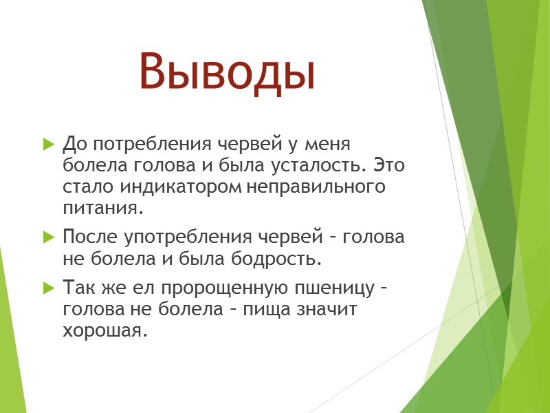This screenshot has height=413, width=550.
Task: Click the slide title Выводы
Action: coord(226,72)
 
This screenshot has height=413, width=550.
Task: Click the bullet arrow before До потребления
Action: coord(47,145)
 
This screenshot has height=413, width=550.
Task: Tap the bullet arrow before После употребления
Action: coord(47,237)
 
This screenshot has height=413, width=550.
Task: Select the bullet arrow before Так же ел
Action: coord(47,286)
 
